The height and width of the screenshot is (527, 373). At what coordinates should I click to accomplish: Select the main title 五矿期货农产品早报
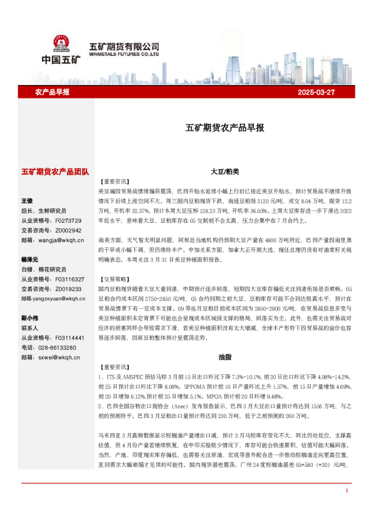225,127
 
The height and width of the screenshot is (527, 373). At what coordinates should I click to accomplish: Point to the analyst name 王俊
27,201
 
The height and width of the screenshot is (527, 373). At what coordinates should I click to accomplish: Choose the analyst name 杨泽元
29,259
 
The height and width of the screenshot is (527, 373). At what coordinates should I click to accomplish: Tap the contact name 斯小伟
29,317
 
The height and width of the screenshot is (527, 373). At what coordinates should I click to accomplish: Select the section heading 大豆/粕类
225,171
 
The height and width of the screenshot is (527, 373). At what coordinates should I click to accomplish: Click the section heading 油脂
225,356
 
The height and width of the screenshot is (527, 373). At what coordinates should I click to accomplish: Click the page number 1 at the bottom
346,508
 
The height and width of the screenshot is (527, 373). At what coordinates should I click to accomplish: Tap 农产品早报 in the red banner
52,92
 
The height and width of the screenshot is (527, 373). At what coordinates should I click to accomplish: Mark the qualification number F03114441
69,337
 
